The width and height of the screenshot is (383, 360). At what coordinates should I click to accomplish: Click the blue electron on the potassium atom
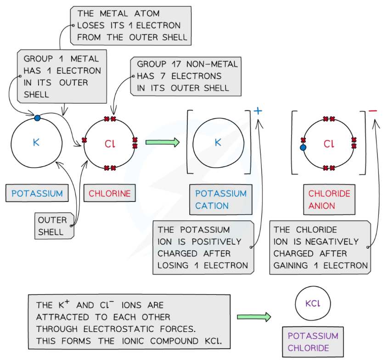(x=37, y=118)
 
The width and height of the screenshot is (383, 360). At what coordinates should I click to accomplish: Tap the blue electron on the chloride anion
(x=303, y=148)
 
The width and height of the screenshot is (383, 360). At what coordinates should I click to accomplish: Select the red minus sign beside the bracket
(x=372, y=111)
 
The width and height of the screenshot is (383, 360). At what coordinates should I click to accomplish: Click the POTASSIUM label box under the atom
(x=37, y=193)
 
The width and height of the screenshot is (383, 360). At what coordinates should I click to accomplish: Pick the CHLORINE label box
(x=109, y=193)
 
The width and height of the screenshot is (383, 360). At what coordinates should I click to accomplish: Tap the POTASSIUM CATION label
(x=221, y=199)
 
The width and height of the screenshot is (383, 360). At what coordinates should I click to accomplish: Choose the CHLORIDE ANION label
(x=329, y=199)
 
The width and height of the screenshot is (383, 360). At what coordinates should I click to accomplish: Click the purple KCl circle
(x=313, y=304)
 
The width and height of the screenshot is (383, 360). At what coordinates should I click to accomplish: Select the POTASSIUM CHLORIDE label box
(x=313, y=342)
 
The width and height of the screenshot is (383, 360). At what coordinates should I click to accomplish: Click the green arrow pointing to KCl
(x=254, y=316)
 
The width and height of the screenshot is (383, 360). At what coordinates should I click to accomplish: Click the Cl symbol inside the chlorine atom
(x=109, y=144)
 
